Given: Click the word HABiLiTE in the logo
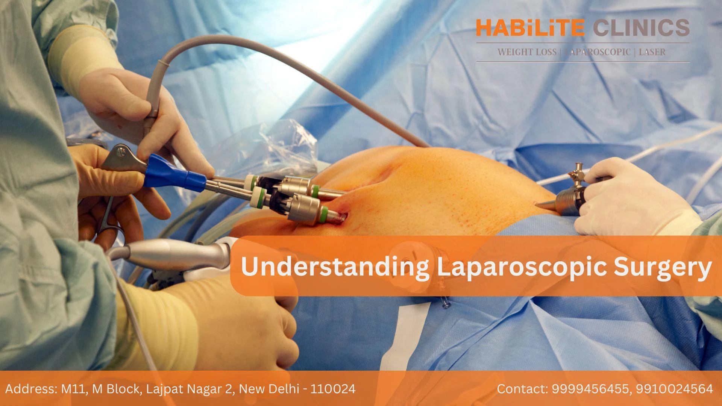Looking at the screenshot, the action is click(x=530, y=28).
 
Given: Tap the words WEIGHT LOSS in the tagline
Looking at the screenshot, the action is click(x=527, y=52).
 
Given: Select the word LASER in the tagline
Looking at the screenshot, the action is click(x=652, y=52).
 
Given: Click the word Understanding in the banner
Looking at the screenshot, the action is click(x=335, y=267).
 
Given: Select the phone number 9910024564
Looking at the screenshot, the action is click(x=674, y=389).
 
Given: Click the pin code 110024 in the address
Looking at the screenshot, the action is click(x=332, y=389).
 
